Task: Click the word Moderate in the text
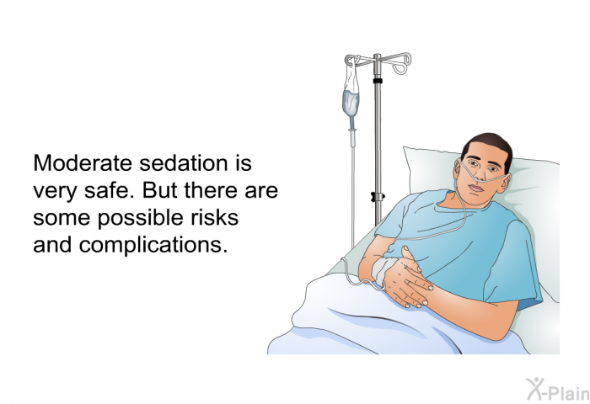(x=83, y=163)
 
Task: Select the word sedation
(x=184, y=163)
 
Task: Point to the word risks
(x=214, y=217)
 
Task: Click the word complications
(x=153, y=245)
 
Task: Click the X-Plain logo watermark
(x=557, y=390)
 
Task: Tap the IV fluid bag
(x=351, y=98)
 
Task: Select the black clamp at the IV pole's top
(x=378, y=81)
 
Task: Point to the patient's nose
(x=480, y=173)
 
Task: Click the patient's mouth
(x=476, y=188)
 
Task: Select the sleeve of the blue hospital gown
(x=512, y=263)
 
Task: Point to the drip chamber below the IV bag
(x=352, y=137)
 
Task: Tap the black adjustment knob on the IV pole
(x=378, y=197)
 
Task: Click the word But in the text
(x=160, y=190)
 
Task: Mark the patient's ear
(x=506, y=183)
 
